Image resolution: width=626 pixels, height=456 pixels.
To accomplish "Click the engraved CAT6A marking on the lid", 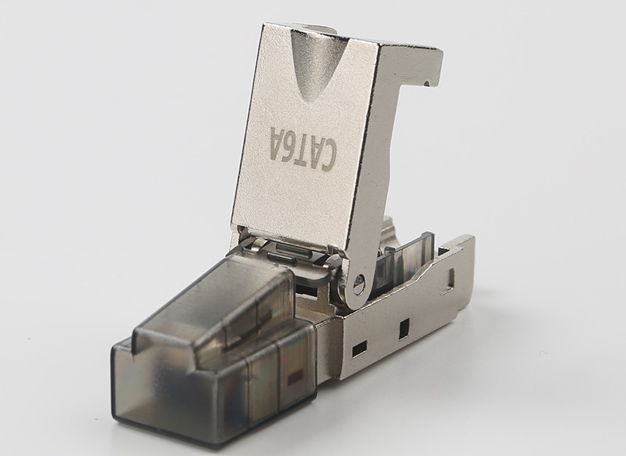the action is pos(303,149).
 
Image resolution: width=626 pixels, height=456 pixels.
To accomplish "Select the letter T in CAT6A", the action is pos(303,149).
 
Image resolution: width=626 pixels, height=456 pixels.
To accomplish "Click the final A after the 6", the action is pos(278,139).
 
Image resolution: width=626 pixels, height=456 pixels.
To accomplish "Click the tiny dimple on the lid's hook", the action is pos(428,84).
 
